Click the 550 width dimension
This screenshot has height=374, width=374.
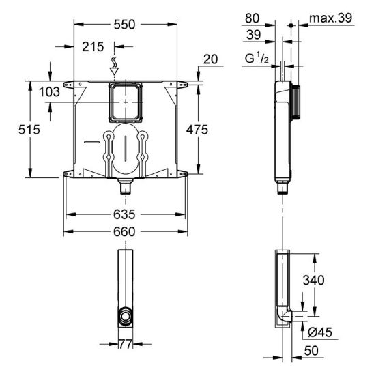pos(124,25)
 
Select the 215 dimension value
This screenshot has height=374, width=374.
pos(93,46)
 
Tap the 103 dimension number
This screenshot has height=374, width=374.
pos(49,92)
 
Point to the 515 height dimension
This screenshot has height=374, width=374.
pos(29,130)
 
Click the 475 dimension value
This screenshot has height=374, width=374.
pos(197,130)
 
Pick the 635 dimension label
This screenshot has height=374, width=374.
pos(124,214)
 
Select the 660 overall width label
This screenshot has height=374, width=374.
pos(124,231)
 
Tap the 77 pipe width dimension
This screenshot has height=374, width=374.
pos(126,344)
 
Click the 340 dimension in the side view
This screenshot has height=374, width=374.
pos(313,280)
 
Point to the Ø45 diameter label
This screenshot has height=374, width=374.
pos(319,332)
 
